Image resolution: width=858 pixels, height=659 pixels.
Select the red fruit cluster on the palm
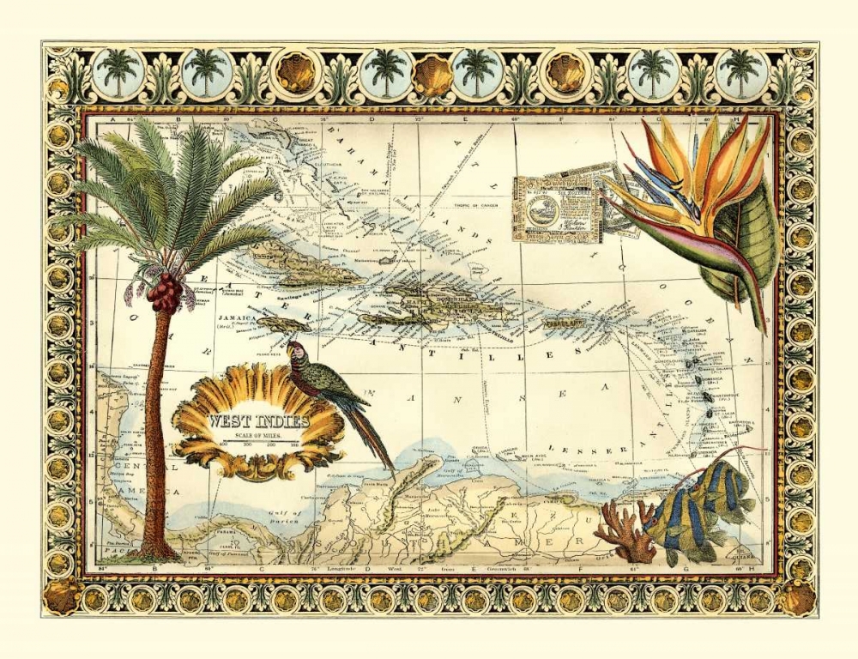pyautogui.click(x=164, y=293)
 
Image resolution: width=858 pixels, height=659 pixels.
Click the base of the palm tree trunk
pyautogui.click(x=157, y=549)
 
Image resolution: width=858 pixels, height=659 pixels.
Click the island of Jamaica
pyautogui.click(x=281, y=323)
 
